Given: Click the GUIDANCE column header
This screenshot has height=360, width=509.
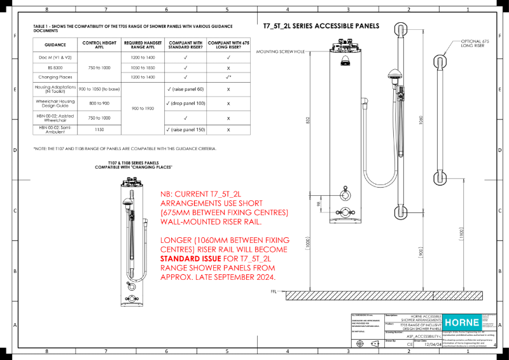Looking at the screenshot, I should point(55,45).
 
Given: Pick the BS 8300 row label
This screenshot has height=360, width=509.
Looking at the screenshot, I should point(55,67).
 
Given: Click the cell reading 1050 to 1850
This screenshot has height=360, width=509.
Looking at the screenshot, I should point(143,67).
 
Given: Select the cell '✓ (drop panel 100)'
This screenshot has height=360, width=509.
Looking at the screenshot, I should point(185,102).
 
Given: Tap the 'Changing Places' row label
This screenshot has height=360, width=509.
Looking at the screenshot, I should point(55,76).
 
